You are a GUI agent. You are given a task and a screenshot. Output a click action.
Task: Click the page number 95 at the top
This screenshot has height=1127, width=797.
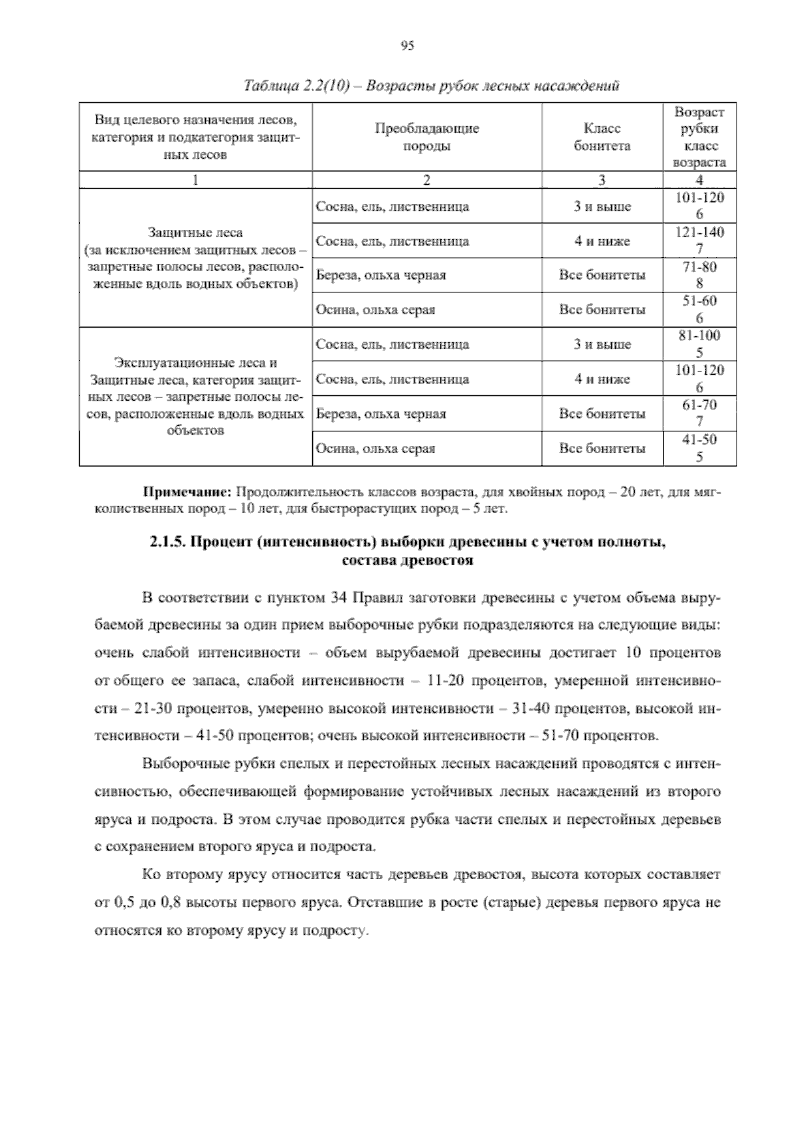click(407, 46)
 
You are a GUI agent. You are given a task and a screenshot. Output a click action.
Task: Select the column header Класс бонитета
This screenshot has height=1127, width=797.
click(602, 137)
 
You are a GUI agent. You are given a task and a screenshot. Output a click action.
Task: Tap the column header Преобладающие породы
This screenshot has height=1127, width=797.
click(426, 137)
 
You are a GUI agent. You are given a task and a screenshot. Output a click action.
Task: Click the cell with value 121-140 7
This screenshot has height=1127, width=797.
click(699, 241)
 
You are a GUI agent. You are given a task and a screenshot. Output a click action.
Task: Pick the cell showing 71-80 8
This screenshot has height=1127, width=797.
click(699, 275)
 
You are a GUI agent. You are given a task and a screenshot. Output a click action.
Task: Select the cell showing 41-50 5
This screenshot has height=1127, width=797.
click(699, 448)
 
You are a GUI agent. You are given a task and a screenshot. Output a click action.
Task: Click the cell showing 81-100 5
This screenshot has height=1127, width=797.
click(699, 344)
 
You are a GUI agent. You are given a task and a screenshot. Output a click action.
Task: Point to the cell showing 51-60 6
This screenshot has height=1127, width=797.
click(699, 310)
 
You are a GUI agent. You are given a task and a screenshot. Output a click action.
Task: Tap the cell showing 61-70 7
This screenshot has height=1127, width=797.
click(699, 413)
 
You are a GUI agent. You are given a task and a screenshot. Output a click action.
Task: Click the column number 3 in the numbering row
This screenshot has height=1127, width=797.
click(602, 180)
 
